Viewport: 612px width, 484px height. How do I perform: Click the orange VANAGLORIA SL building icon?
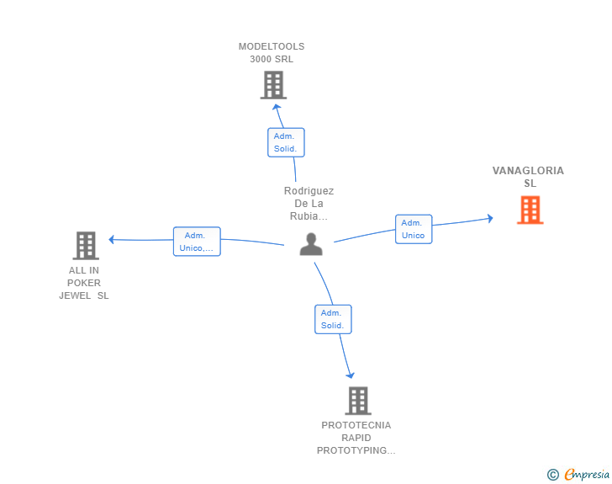[x=530, y=210]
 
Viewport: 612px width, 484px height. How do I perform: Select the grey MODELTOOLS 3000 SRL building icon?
[x=273, y=85]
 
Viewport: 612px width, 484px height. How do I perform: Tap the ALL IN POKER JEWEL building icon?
[x=86, y=246]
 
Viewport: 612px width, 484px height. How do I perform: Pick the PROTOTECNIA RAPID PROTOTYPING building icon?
[x=358, y=401]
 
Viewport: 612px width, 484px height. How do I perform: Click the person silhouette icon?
[x=311, y=244]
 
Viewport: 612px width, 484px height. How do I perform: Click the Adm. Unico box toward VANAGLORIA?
[x=414, y=229]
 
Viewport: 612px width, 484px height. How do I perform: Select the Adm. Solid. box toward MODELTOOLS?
[x=286, y=142]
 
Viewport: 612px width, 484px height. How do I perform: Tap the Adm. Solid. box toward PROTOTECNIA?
[x=333, y=319]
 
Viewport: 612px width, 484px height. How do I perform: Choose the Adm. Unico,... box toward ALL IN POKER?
[x=197, y=242]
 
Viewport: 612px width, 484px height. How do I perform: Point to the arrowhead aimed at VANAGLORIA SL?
[x=490, y=218]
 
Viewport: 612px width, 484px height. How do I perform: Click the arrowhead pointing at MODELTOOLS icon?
[x=277, y=107]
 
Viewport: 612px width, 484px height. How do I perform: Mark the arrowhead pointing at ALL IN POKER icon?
[x=112, y=239]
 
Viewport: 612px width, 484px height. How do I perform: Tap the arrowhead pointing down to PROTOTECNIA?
[x=351, y=375]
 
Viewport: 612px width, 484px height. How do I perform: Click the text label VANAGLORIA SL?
[x=528, y=177]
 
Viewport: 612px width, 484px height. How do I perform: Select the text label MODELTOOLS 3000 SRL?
[x=272, y=53]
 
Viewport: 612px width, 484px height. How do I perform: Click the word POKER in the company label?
[x=84, y=283]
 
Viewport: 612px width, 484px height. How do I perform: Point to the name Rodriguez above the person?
[x=309, y=191]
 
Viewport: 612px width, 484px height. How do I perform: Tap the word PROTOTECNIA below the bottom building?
[x=356, y=425]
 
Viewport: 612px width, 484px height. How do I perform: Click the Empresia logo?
[x=587, y=475]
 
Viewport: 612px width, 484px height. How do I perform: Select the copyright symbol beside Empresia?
[x=553, y=475]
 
